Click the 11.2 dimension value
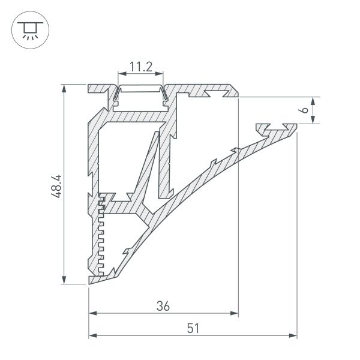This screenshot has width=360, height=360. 140,67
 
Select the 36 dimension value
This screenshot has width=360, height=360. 163,305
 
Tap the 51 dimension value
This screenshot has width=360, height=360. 193,328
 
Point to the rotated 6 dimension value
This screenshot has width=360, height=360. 304,110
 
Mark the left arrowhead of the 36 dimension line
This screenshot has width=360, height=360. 93,313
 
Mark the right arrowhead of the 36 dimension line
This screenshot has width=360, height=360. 235,313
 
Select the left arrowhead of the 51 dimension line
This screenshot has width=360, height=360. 93,336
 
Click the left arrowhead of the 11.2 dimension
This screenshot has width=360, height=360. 120,74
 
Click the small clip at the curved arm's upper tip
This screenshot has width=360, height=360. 275,128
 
